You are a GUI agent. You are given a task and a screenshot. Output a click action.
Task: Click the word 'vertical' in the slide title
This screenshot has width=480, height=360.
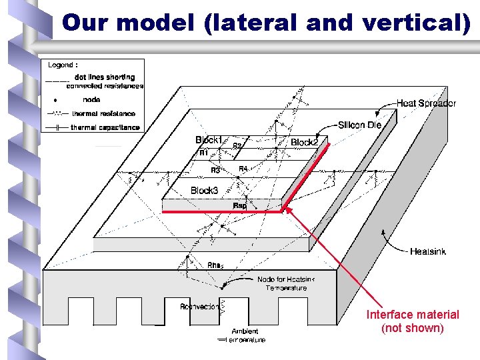(413, 23)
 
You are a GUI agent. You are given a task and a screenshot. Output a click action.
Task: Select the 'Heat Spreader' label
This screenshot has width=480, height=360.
(426, 103)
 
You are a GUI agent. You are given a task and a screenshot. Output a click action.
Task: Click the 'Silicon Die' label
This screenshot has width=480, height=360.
(359, 125)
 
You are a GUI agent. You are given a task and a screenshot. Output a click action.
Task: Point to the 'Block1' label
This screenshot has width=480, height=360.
(209, 140)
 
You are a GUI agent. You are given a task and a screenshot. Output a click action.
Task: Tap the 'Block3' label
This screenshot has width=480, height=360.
(204, 191)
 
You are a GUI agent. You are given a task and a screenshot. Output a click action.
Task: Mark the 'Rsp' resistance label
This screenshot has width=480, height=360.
(239, 206)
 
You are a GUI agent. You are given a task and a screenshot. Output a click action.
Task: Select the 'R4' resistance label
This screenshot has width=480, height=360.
(243, 169)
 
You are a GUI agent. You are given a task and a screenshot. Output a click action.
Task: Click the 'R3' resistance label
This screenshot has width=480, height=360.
(215, 171)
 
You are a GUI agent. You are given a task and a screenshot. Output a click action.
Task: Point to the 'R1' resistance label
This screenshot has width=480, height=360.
(204, 153)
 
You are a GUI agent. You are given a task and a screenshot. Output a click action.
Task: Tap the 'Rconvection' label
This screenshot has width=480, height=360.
(199, 307)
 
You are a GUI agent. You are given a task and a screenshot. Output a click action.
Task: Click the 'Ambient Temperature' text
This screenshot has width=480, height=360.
(245, 335)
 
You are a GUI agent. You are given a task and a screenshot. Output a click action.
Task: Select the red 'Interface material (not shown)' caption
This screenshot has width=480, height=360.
(413, 321)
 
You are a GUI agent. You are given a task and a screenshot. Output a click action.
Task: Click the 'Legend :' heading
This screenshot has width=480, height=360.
(63, 65)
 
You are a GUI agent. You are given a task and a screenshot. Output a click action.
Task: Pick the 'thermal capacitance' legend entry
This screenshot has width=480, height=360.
(105, 127)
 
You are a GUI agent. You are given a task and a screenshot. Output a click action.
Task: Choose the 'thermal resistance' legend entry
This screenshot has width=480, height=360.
(103, 114)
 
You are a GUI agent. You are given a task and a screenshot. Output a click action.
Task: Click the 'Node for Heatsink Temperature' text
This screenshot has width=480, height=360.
(285, 283)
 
